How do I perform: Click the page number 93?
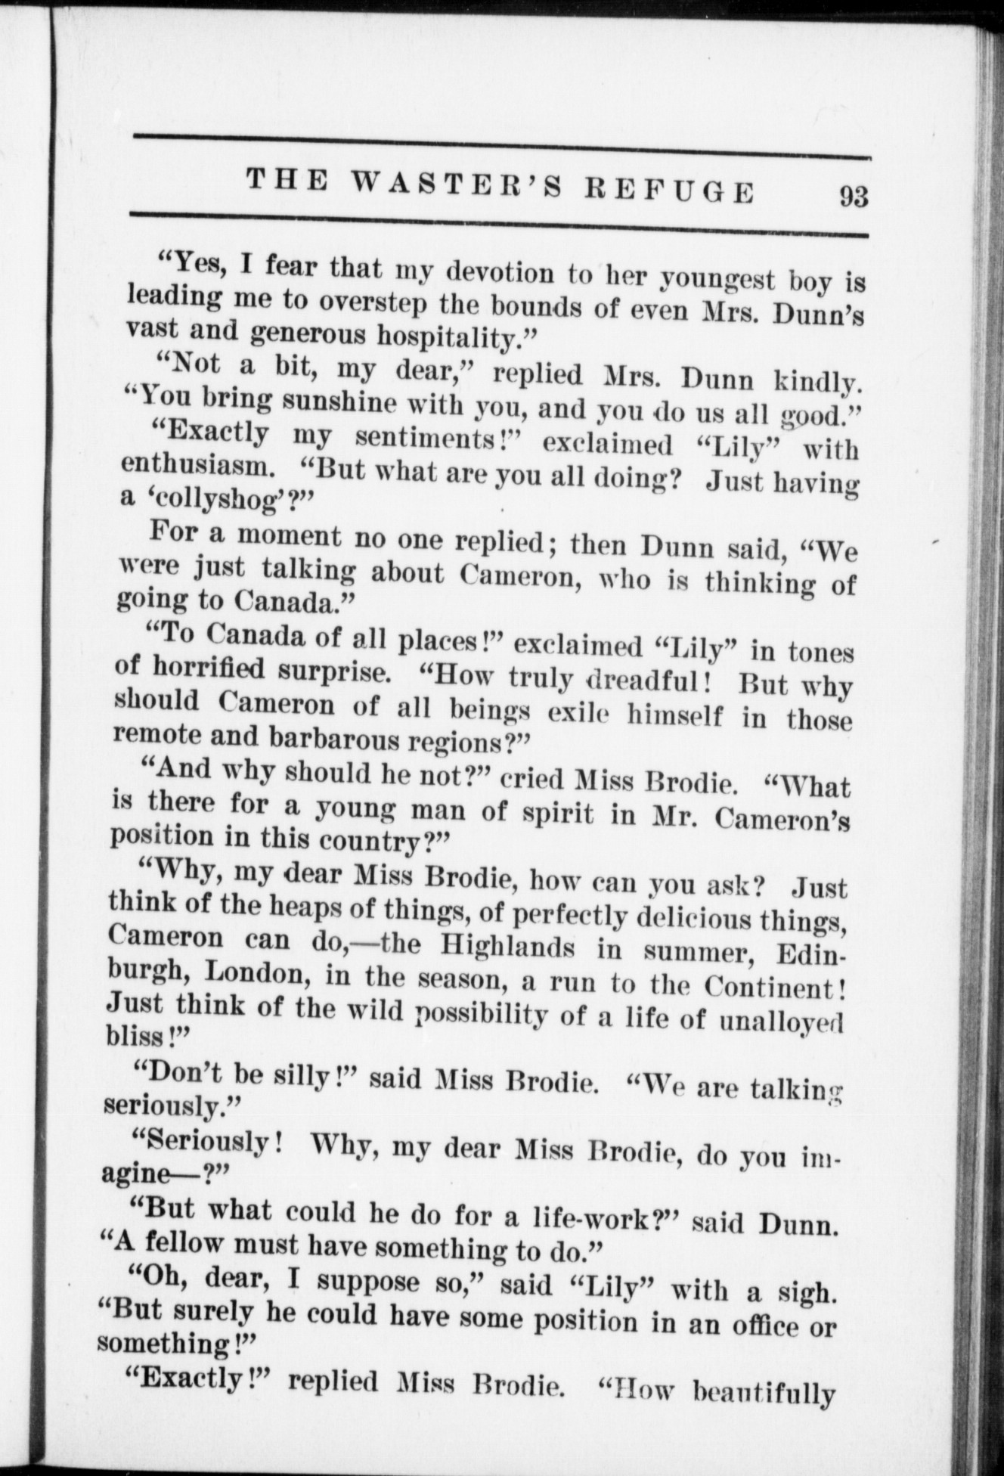pyautogui.click(x=853, y=197)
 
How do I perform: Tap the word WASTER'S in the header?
pyautogui.click(x=457, y=186)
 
